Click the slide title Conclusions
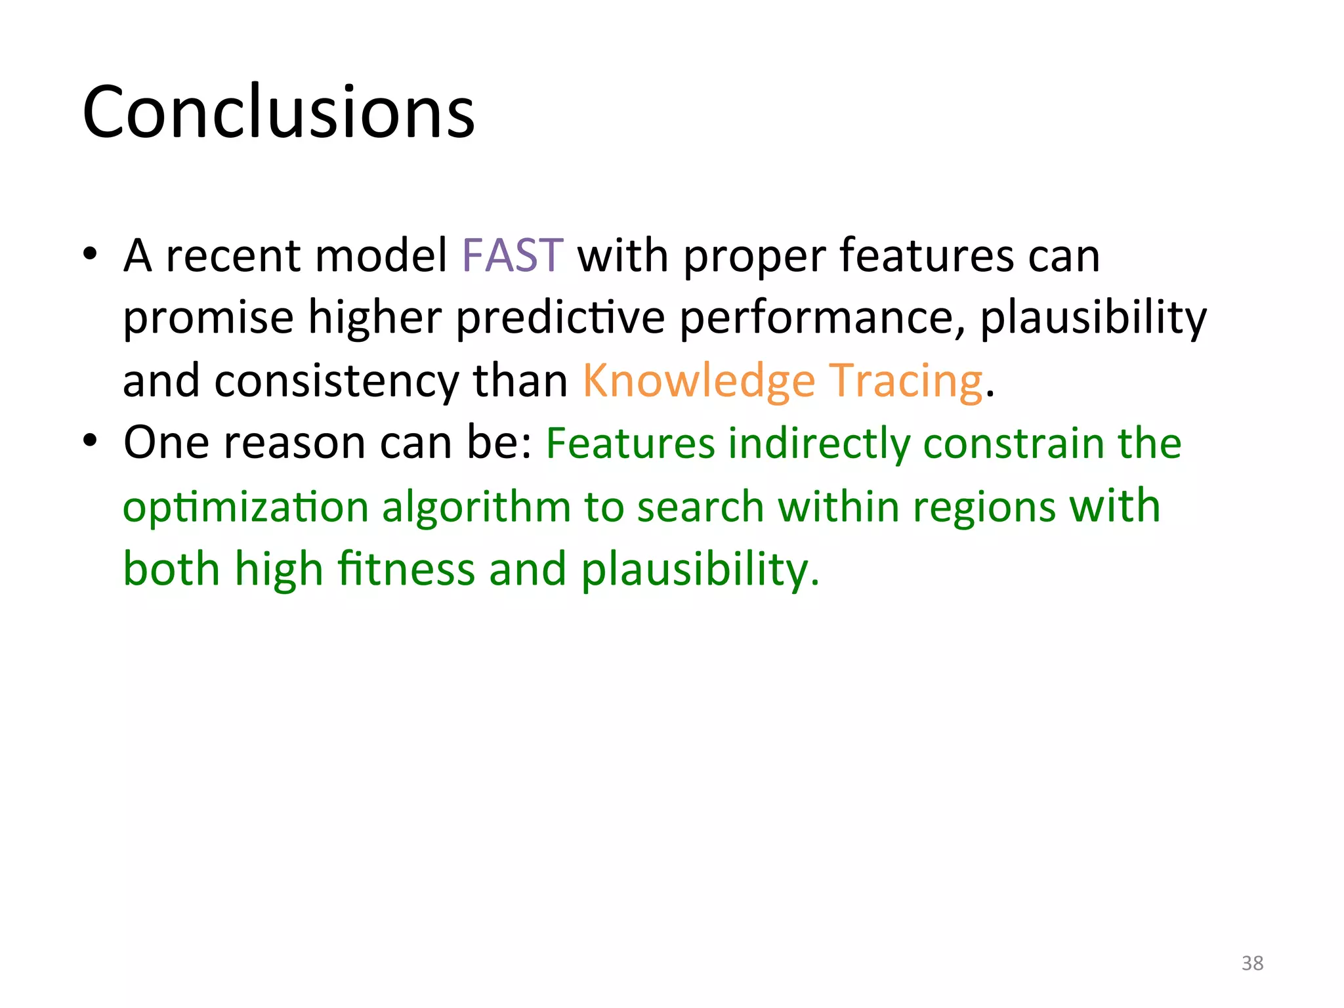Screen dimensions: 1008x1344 point(278,113)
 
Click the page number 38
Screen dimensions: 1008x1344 point(1252,963)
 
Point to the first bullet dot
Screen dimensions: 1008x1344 point(91,254)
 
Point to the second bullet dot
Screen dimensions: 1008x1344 point(91,440)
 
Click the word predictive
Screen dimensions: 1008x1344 point(560,318)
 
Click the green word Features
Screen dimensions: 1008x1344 point(630,443)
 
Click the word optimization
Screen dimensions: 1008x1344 point(245,508)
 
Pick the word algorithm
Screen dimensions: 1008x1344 point(477,507)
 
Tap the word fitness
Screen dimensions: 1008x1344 point(406,569)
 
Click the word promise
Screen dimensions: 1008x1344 point(208,319)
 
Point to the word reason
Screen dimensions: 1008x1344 point(294,443)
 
